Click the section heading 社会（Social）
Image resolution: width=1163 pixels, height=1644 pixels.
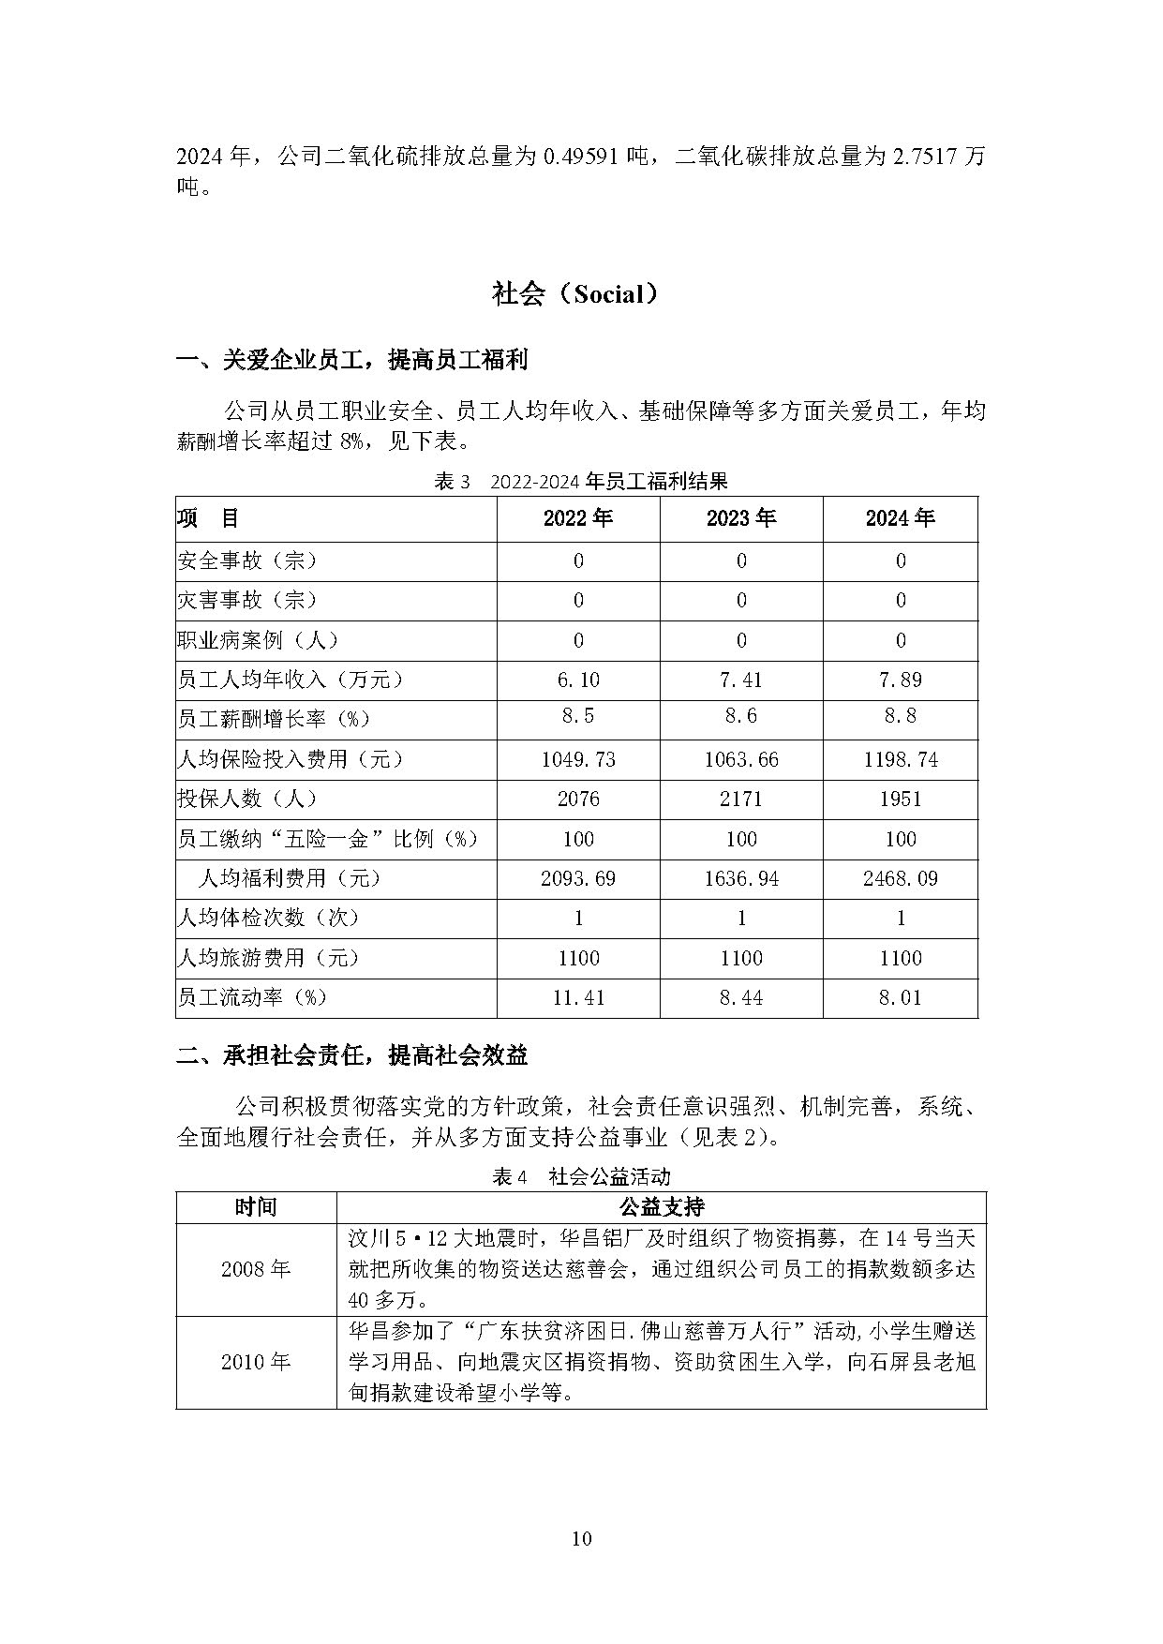pyautogui.click(x=581, y=294)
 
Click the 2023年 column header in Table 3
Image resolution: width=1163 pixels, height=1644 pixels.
pyautogui.click(x=741, y=518)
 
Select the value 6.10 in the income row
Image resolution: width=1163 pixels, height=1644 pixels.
pyautogui.click(x=578, y=680)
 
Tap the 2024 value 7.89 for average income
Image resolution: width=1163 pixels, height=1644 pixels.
pyautogui.click(x=900, y=680)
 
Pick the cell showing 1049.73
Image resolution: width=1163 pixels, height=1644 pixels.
pyautogui.click(x=578, y=759)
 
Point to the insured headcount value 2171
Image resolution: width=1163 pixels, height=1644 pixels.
pyautogui.click(x=741, y=800)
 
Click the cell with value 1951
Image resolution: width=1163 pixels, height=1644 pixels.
pyautogui.click(x=900, y=800)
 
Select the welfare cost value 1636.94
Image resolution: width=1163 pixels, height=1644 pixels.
pyautogui.click(x=741, y=879)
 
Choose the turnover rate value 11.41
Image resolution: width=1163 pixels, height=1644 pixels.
pyautogui.click(x=578, y=998)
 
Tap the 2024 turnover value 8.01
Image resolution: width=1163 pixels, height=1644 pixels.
pyautogui.click(x=900, y=998)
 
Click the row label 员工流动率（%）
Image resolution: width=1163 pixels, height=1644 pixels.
pyautogui.click(x=253, y=998)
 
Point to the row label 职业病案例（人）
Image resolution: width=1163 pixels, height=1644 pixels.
pyautogui.click(x=259, y=640)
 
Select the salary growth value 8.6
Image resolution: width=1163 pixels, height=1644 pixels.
pyautogui.click(x=741, y=717)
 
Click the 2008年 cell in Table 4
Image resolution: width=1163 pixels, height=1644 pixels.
pyautogui.click(x=256, y=1269)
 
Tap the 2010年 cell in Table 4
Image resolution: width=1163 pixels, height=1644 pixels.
pyautogui.click(x=256, y=1362)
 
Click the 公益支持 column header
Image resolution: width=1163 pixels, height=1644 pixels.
pyautogui.click(x=662, y=1207)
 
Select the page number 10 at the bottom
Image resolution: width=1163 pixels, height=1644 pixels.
pyautogui.click(x=581, y=1538)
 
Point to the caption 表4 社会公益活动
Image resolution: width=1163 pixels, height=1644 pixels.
pyautogui.click(x=581, y=1176)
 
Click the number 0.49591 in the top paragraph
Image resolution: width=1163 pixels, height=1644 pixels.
pyautogui.click(x=593, y=157)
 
